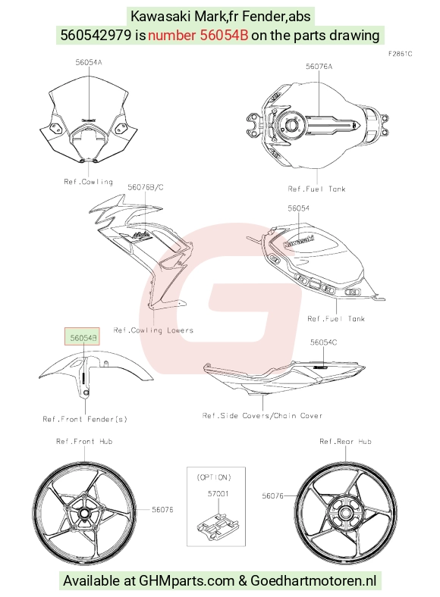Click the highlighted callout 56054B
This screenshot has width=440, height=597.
(x=83, y=337)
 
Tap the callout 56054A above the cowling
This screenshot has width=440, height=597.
(x=89, y=62)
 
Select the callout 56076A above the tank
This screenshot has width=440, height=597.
(x=319, y=67)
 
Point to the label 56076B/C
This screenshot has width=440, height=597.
(x=145, y=187)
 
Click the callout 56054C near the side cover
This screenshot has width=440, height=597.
(x=323, y=342)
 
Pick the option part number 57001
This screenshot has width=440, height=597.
(x=218, y=494)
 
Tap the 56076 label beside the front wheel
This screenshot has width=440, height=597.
(x=162, y=509)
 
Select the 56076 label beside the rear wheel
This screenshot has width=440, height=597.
(x=272, y=495)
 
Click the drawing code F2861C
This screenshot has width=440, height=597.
(x=400, y=54)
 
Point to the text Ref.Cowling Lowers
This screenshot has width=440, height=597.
(x=153, y=330)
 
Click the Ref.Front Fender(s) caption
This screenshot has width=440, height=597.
(x=85, y=419)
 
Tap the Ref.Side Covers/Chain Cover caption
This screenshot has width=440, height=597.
(x=262, y=416)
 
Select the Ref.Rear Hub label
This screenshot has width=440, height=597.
(x=345, y=442)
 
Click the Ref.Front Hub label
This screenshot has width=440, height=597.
(x=84, y=442)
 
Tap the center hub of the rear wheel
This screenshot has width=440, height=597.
(x=345, y=513)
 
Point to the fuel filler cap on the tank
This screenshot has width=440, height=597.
(x=292, y=125)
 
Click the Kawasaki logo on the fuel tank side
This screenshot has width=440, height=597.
(x=299, y=242)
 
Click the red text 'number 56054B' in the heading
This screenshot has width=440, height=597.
(x=198, y=35)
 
